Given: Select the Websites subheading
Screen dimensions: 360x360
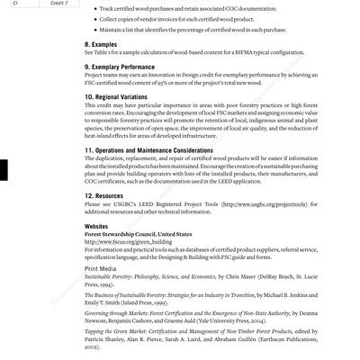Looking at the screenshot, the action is [x=96, y=226].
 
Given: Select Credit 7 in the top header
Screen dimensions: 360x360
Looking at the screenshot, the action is [x=61, y=4].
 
